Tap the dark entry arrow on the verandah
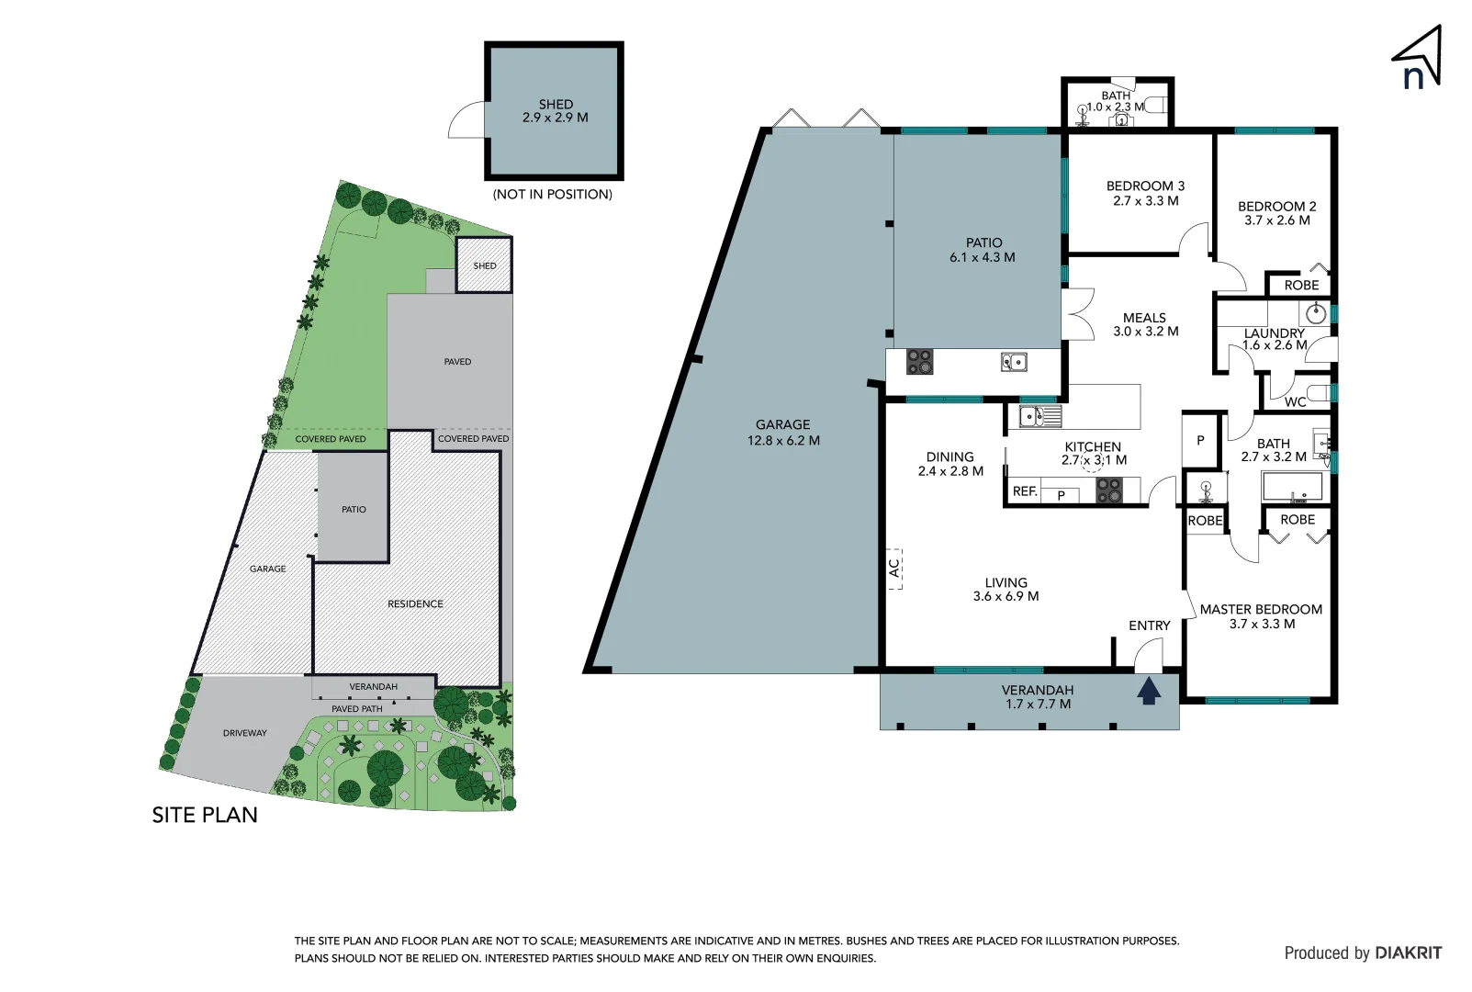1149,690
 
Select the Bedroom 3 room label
1145,193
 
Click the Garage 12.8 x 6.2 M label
783,432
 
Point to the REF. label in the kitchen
1025,491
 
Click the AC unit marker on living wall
894,569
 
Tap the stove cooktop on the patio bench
920,361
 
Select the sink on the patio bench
1014,362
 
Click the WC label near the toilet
1295,401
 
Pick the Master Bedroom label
1261,616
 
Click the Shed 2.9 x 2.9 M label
556,111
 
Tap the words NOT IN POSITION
553,195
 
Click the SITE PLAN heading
205,815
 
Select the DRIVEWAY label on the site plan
245,733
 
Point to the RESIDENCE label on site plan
415,603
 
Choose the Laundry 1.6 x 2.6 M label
1275,339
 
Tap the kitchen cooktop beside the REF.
1109,490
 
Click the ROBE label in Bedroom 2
1301,285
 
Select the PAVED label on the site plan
457,362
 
